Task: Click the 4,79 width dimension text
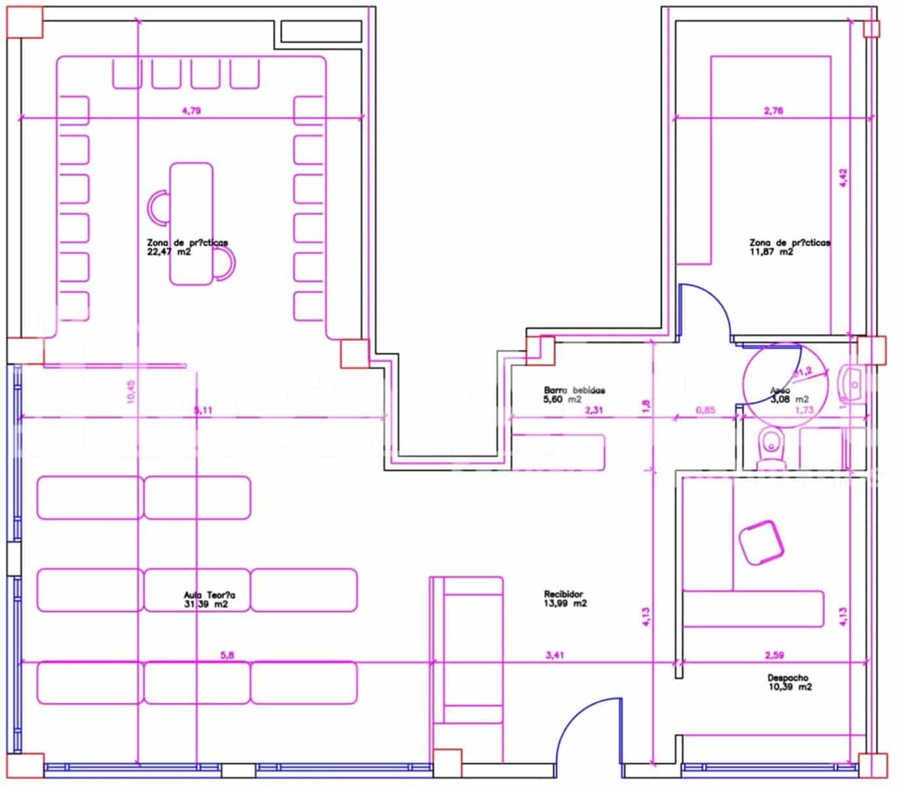[191, 111]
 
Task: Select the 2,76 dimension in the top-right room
[773, 111]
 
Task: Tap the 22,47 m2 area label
[169, 252]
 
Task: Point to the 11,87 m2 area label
[771, 252]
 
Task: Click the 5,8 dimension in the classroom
[227, 654]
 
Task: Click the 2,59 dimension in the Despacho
[774, 654]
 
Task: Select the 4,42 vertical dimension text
[843, 179]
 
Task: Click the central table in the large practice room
[191, 224]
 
